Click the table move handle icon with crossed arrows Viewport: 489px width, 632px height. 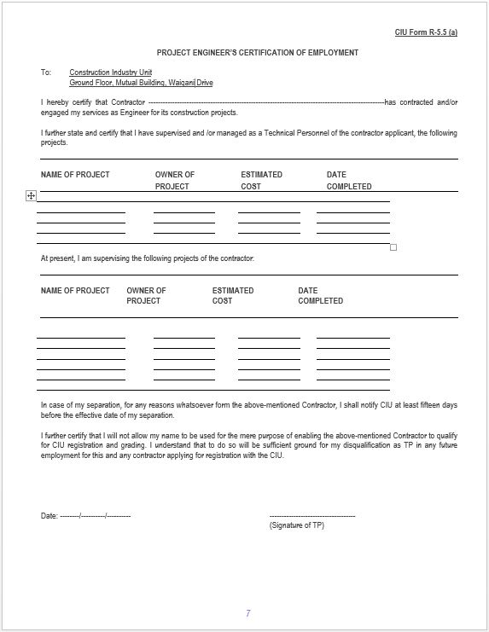click(x=31, y=196)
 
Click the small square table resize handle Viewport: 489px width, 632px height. click(x=393, y=247)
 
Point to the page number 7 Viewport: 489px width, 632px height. click(x=247, y=613)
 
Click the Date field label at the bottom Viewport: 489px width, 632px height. click(x=49, y=516)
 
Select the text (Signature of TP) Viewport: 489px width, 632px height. click(x=296, y=525)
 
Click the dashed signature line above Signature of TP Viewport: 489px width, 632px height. click(x=311, y=516)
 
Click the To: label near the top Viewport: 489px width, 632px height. click(x=46, y=72)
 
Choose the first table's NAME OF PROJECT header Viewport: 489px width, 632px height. click(x=75, y=175)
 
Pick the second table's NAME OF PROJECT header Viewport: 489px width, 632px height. click(x=75, y=290)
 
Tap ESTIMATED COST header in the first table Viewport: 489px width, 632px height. click(x=261, y=180)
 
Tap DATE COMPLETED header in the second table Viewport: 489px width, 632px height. click(x=320, y=295)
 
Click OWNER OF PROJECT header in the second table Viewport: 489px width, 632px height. click(x=146, y=295)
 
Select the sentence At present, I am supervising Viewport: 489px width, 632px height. click(x=147, y=258)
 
